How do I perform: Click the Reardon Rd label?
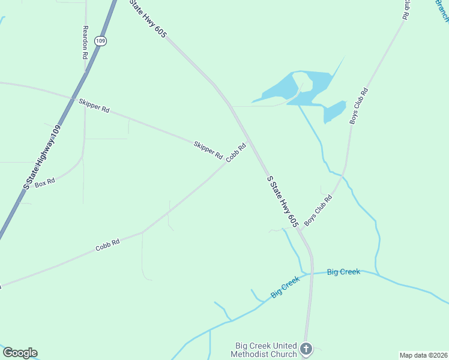(85, 42)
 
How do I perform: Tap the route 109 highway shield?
(101, 41)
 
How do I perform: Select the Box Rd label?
(44, 182)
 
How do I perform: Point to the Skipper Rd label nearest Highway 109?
(94, 106)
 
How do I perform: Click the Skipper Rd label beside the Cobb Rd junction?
(208, 149)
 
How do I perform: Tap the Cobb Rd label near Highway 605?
(237, 152)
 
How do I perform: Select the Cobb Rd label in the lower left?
(107, 245)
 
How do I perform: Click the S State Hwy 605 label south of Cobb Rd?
(282, 201)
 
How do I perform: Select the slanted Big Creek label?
(285, 287)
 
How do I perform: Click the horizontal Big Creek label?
(343, 272)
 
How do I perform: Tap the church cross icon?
(306, 349)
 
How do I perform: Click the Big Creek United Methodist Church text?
(265, 350)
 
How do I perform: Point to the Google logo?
(20, 353)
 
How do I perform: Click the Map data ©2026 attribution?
(423, 355)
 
